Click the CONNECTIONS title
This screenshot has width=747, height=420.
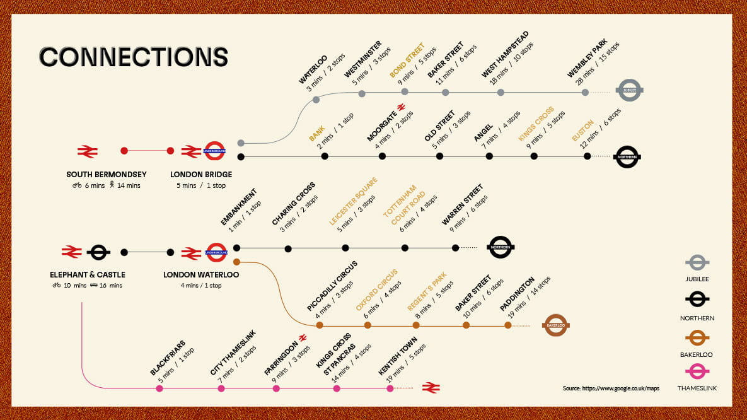[134, 56]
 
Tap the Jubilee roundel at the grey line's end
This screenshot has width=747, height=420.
[629, 91]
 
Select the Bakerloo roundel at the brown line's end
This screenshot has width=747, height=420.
[555, 325]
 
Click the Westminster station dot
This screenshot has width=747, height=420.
[362, 94]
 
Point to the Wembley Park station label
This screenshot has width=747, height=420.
[587, 59]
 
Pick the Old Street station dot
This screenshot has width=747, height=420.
[439, 156]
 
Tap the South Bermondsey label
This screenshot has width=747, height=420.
[106, 174]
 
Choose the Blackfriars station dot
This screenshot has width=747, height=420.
[159, 388]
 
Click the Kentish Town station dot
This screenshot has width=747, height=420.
[390, 388]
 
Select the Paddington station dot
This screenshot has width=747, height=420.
[508, 325]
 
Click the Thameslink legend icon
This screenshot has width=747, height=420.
[697, 371]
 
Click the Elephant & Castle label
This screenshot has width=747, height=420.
[88, 274]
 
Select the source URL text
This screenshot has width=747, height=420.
[611, 388]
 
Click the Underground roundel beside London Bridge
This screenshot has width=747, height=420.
[215, 151]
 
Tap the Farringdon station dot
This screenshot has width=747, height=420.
[276, 388]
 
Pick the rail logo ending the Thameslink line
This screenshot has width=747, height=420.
[431, 387]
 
